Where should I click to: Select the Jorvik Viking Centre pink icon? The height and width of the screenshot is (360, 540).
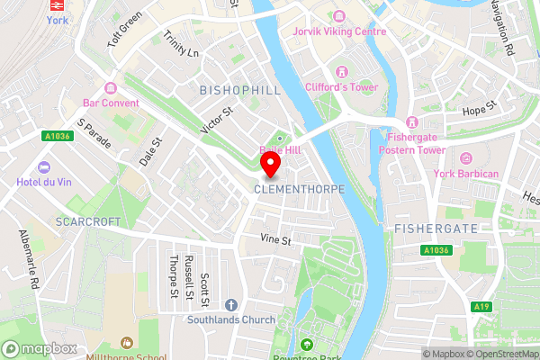coord(340,16)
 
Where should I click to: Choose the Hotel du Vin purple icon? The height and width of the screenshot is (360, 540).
coord(45,167)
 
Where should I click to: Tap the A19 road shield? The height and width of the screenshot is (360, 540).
coord(482,307)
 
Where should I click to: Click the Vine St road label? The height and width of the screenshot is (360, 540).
coord(275,240)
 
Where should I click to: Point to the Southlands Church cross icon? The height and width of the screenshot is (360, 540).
coord(231,304)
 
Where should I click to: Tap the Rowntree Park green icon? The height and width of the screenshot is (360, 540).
coord(308,345)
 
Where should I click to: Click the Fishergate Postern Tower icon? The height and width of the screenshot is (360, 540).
coord(411,121)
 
